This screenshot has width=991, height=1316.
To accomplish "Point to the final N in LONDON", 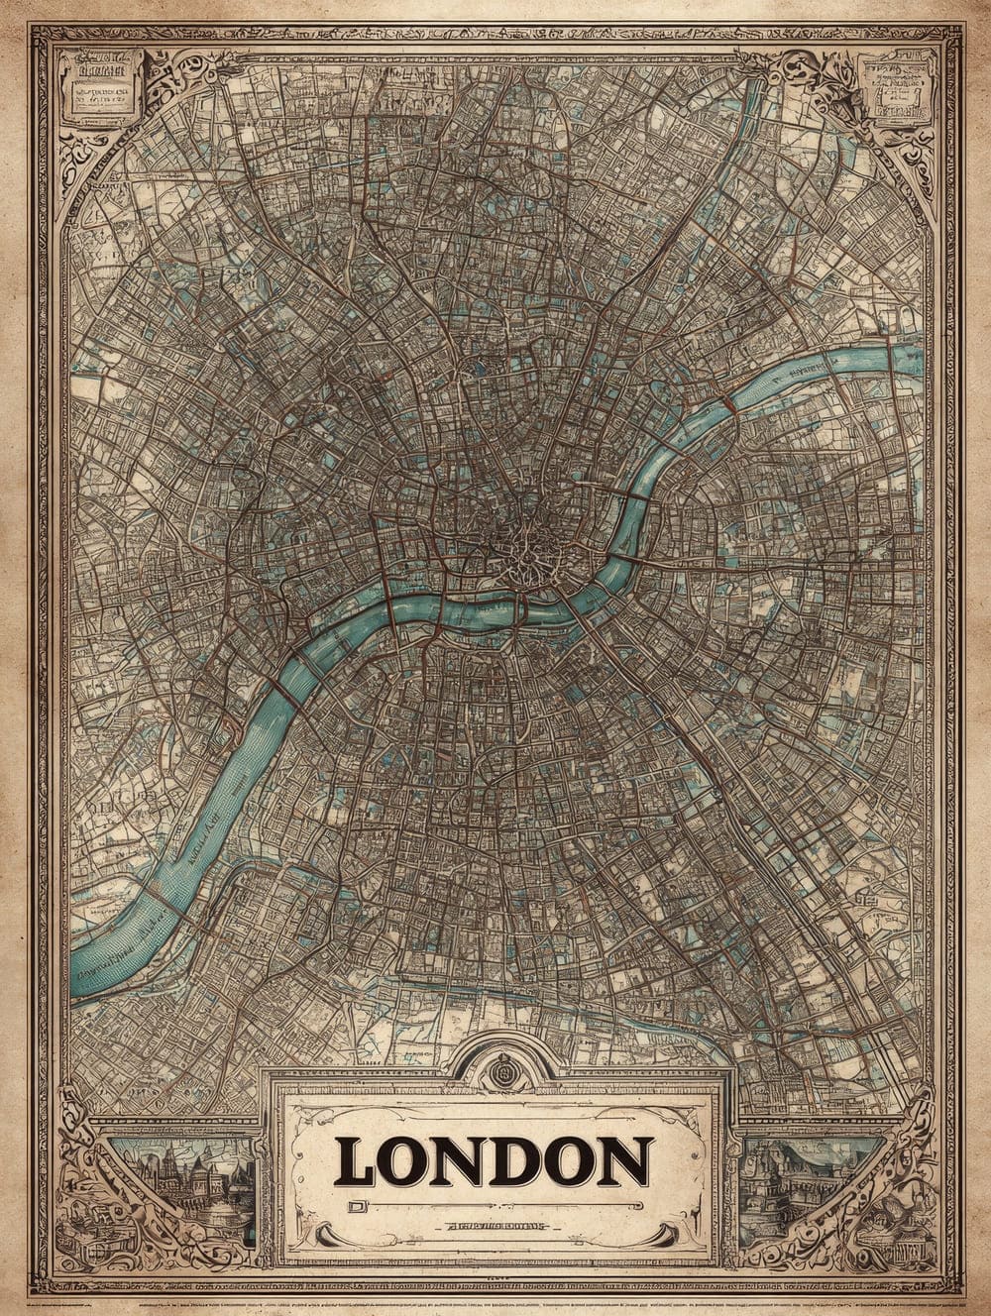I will [x=624, y=1162].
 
